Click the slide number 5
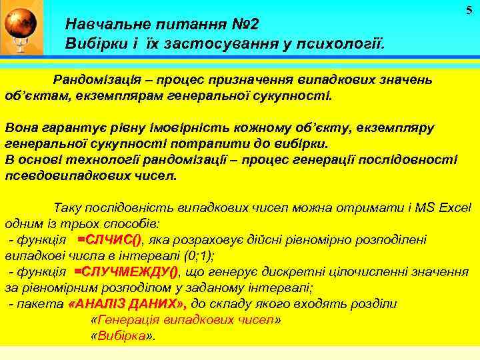click(x=469, y=9)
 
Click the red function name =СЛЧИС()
click(x=109, y=239)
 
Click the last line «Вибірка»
click(x=122, y=336)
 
